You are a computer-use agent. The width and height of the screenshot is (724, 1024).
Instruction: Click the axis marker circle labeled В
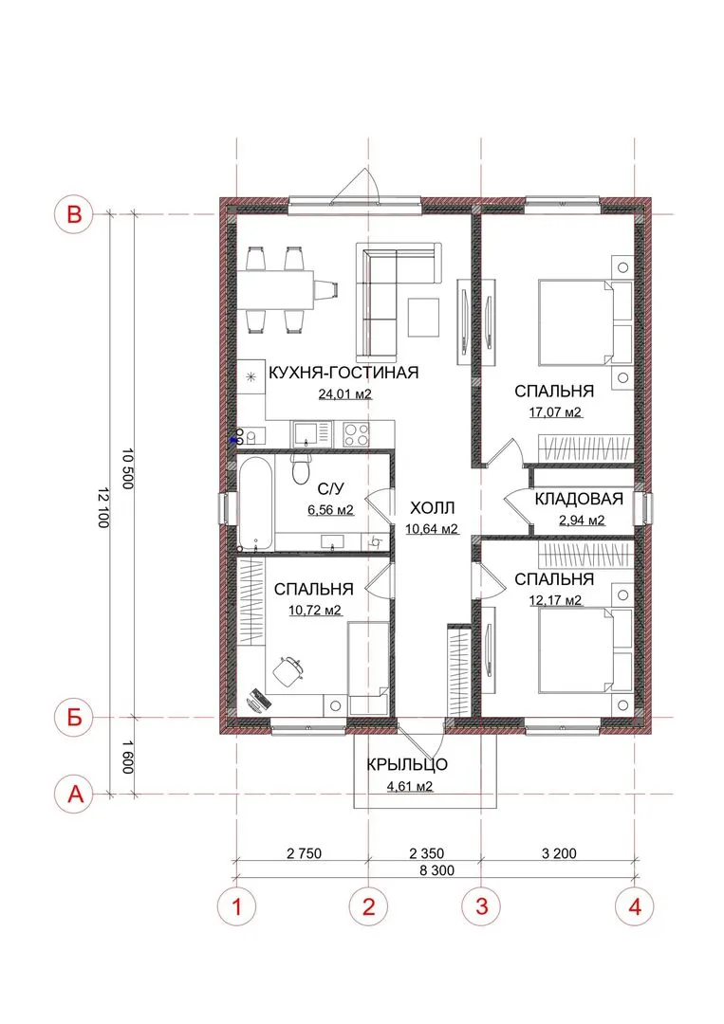(75, 213)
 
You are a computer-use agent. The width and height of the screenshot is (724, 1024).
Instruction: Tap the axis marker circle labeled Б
(75, 718)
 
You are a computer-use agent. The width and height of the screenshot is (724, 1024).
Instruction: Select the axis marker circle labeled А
(76, 795)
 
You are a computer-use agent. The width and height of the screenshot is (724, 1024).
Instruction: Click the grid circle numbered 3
(482, 906)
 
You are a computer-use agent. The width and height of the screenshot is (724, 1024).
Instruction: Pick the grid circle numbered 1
(236, 906)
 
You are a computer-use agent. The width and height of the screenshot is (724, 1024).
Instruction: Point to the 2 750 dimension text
(304, 853)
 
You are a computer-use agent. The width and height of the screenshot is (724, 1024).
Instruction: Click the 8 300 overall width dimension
(436, 870)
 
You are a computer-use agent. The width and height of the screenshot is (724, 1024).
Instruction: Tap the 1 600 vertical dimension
(127, 756)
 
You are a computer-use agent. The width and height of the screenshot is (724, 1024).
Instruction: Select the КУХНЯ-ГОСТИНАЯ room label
(343, 373)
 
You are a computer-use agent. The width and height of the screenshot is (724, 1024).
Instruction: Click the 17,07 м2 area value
(555, 412)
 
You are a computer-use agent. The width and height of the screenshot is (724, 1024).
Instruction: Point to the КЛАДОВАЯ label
(579, 499)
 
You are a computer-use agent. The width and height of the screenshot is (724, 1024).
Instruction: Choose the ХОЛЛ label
(432, 507)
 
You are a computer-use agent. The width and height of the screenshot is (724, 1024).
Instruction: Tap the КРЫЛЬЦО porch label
(407, 764)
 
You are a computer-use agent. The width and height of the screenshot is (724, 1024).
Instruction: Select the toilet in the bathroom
(301, 466)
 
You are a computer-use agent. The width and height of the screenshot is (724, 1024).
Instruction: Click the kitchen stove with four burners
(356, 434)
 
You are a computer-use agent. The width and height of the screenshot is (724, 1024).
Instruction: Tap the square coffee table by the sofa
(424, 318)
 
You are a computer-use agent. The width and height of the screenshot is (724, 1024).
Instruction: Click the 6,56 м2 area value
(330, 510)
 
